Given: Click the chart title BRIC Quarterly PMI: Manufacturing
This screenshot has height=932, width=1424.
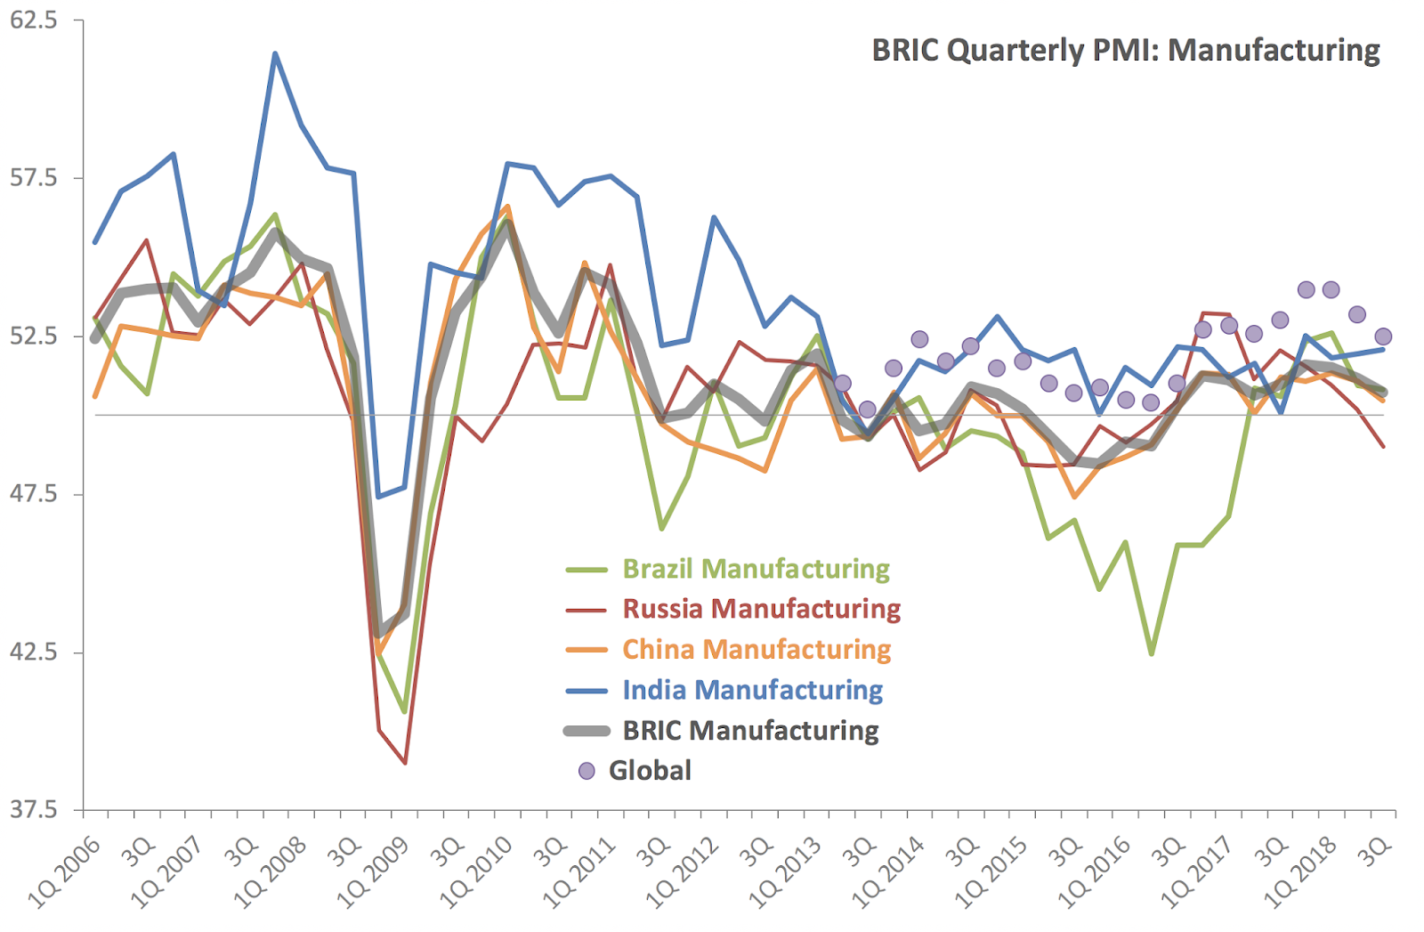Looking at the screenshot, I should click(x=1125, y=50).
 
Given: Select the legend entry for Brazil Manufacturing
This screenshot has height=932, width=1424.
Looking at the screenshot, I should click(x=756, y=569).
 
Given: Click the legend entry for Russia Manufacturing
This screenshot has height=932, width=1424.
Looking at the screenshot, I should click(x=761, y=609).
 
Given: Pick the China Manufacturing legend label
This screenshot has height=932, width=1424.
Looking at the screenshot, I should click(x=756, y=649).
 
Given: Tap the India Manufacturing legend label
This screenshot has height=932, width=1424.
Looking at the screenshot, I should click(x=752, y=690).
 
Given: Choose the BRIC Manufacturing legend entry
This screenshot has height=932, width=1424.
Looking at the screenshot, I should click(x=750, y=731).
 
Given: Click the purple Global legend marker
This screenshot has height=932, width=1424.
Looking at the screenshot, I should click(x=587, y=771).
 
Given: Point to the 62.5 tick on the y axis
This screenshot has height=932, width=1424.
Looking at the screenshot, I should click(x=33, y=20).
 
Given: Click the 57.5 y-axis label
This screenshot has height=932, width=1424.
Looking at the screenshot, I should click(x=33, y=178).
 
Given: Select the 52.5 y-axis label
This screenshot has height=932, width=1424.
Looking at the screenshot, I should click(x=33, y=336).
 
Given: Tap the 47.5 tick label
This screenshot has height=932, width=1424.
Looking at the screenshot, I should click(x=33, y=494).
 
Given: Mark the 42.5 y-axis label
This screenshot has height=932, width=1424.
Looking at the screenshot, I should click(x=33, y=652).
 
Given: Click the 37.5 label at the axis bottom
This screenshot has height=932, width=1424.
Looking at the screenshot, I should click(x=33, y=810).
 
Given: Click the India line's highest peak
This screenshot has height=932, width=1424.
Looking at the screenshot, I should click(x=275, y=53).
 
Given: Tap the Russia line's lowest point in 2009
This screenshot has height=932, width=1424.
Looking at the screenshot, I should click(x=405, y=763).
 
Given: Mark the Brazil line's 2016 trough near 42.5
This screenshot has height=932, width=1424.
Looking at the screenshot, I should click(x=1152, y=654).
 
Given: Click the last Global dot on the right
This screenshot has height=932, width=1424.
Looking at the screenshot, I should click(x=1383, y=336).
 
